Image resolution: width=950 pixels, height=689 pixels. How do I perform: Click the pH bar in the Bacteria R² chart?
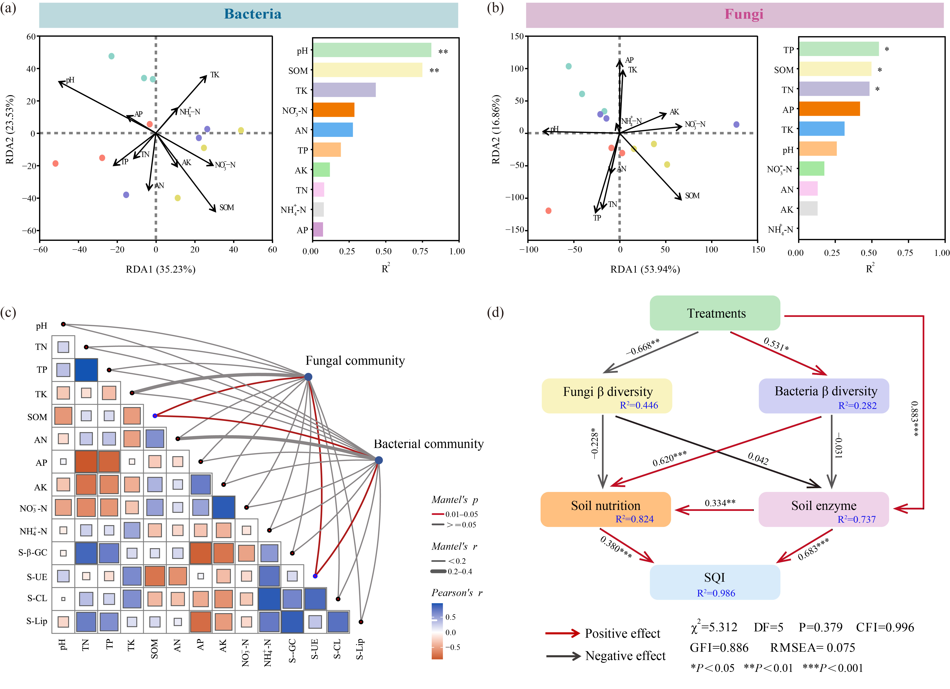click(x=372, y=50)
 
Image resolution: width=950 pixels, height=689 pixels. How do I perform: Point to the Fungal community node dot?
click(x=308, y=377)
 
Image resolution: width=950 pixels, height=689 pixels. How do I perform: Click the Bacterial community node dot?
click(x=379, y=460)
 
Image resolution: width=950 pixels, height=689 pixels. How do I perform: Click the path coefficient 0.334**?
click(x=720, y=503)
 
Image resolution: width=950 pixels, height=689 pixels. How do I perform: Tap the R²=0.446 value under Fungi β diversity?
click(x=639, y=405)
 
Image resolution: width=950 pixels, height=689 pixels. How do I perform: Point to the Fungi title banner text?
click(x=744, y=14)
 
